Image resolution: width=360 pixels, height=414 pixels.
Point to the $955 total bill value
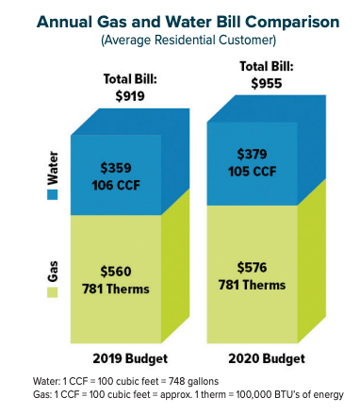[x=256, y=82]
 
